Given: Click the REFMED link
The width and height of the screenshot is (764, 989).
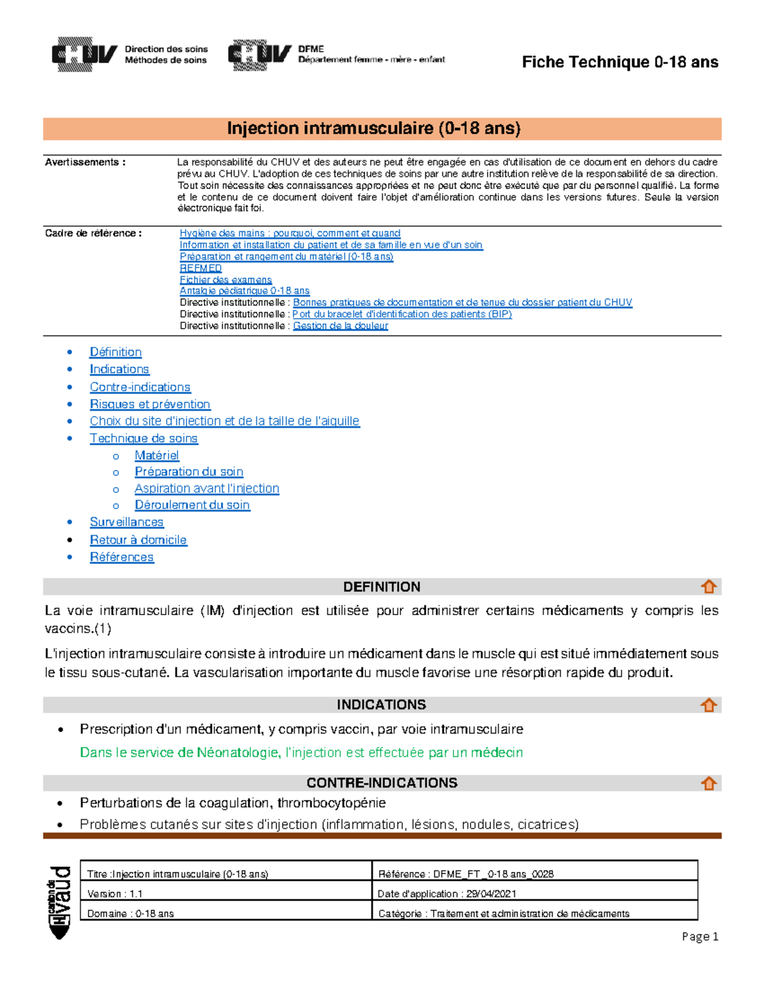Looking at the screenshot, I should coord(201,268).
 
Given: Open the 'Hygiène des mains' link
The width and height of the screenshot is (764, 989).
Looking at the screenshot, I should coord(290,233).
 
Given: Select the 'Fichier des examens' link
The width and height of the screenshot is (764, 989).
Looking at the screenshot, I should coord(225,280).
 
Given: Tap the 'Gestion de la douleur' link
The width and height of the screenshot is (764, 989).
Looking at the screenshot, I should coord(340,325).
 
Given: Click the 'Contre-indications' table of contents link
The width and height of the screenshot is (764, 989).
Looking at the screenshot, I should coord(140,387).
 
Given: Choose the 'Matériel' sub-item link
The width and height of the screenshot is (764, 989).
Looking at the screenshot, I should coord(157,455).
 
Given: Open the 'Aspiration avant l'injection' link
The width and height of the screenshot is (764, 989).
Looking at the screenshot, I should coord(207,488).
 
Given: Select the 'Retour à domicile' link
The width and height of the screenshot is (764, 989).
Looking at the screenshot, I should coord(138,539).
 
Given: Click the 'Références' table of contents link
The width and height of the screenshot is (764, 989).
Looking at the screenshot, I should coord(122,557).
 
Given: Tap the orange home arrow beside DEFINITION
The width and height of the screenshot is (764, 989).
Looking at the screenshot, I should coord(709,587).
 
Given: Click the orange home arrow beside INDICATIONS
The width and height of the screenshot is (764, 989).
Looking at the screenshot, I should coord(709,705).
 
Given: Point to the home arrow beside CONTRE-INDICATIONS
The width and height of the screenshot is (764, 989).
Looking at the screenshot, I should coord(709,783).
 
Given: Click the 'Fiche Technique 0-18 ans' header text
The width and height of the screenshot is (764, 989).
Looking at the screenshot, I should coord(619,62).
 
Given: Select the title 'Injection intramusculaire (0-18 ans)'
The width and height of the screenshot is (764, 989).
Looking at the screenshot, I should coord(374,128).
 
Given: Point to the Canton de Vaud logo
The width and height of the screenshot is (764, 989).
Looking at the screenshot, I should coord(60,902).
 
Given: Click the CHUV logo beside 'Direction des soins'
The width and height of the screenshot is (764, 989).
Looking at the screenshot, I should coord(85,54).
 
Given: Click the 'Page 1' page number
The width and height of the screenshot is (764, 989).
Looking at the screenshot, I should coord(700,936).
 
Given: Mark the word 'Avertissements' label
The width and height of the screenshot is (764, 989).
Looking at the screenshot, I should coord(81,162).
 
